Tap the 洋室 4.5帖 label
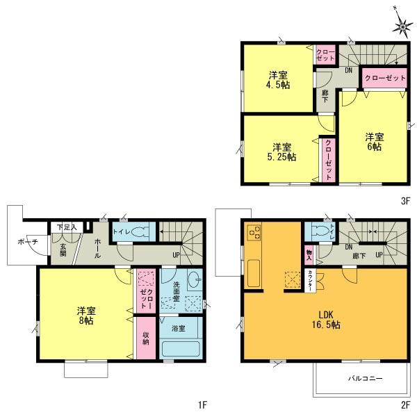[280, 80]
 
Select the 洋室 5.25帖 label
[282, 152]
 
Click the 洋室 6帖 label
[375, 142]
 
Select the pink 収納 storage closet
[145, 338]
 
